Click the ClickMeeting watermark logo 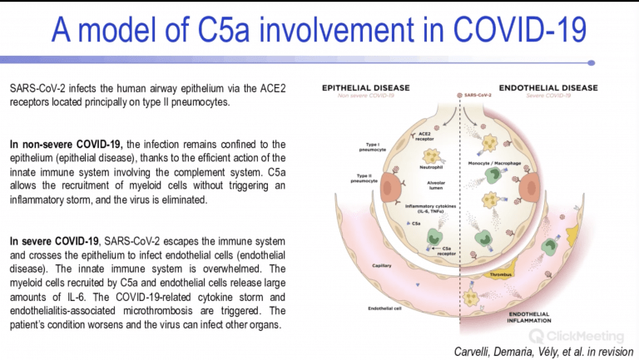[577, 336]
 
